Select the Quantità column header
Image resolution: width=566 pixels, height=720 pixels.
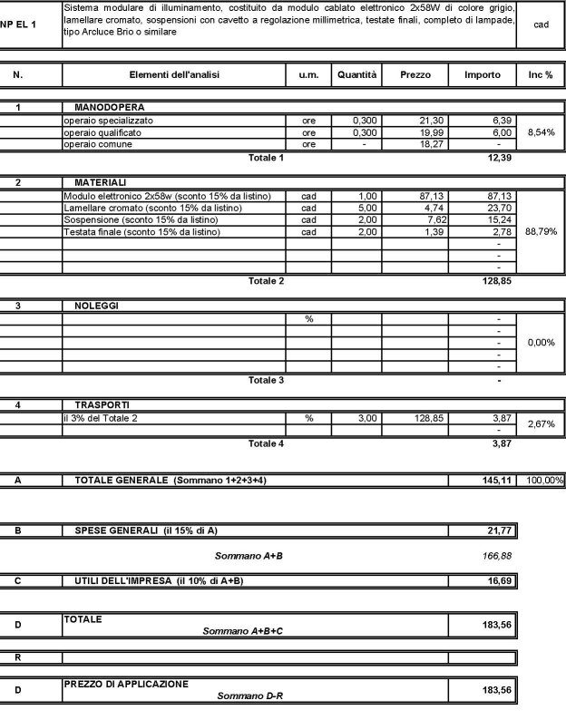[x=356, y=75]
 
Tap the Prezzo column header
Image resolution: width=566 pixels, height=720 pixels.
[x=415, y=75]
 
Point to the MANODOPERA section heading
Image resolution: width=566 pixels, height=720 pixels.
[x=110, y=108]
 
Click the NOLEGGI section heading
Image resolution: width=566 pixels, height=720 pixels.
[x=96, y=306]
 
